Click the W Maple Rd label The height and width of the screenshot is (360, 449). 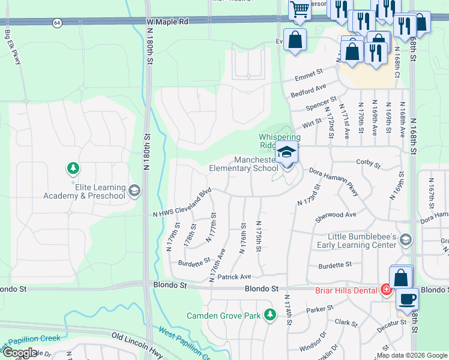tap(167, 21)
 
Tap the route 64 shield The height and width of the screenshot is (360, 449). tap(57, 22)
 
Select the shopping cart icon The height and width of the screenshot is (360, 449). tap(299, 10)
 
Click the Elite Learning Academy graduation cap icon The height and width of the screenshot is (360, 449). tap(134, 191)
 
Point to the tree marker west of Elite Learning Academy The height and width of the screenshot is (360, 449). tap(73, 168)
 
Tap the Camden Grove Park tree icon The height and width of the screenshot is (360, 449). tap(270, 314)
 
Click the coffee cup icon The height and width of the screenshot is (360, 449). tap(407, 299)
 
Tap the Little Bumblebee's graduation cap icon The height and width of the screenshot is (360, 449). tap(406, 240)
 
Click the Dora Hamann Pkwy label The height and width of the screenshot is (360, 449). tap(334, 181)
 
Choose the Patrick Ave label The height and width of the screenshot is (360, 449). tap(234, 277)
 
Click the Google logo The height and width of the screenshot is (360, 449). tap(20, 352)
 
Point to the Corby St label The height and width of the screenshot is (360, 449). tap(368, 163)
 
